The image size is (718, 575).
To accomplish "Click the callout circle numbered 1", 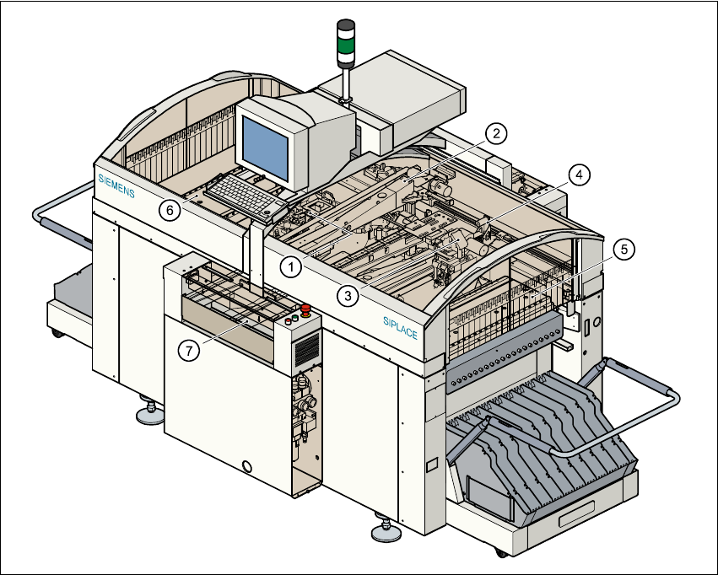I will (x=290, y=266).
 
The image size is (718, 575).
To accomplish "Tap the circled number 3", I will (x=345, y=294).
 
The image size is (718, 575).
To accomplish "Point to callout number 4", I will (x=578, y=174).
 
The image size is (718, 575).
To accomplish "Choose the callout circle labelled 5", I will (x=622, y=250).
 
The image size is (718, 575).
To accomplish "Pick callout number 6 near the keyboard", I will (x=170, y=211).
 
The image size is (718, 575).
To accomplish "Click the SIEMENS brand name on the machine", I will (x=116, y=185).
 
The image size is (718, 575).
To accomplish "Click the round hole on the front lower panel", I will (x=247, y=465).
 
